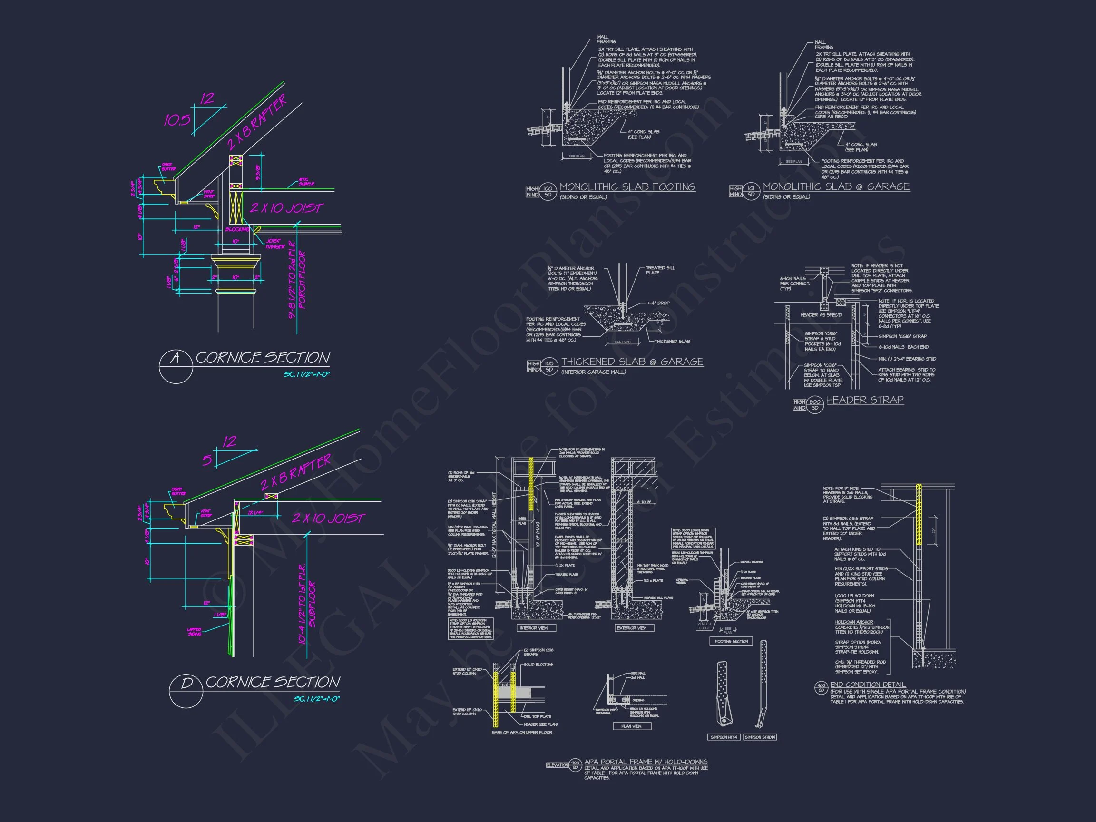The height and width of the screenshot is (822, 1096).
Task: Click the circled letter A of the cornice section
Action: pyautogui.click(x=175, y=358)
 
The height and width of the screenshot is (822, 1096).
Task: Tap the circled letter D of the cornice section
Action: pyautogui.click(x=186, y=684)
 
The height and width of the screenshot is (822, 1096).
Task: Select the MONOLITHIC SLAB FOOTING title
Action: pyautogui.click(x=627, y=187)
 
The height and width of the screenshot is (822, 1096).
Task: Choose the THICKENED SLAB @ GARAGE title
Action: pyautogui.click(x=632, y=362)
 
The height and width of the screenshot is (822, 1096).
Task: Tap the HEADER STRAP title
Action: pyautogui.click(x=865, y=400)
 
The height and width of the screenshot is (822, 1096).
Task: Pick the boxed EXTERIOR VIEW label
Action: pyautogui.click(x=631, y=628)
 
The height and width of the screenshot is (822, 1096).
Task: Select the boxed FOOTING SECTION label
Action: pyautogui.click(x=731, y=641)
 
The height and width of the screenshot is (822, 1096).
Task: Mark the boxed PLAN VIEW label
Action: pyautogui.click(x=631, y=726)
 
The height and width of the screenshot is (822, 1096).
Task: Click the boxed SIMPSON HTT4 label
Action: pyautogui.click(x=724, y=751)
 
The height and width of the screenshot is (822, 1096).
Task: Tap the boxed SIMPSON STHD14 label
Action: pyautogui.click(x=760, y=751)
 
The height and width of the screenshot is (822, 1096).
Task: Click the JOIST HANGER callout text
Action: pyautogui.click(x=275, y=244)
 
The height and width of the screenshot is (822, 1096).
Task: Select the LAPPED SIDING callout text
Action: pyautogui.click(x=194, y=632)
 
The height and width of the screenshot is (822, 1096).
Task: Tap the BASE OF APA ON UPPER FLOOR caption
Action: pyautogui.click(x=522, y=732)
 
